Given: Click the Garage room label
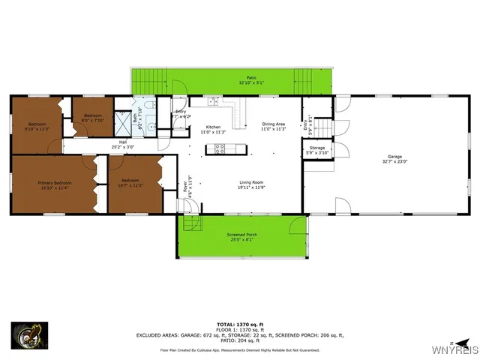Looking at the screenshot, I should click(394, 157).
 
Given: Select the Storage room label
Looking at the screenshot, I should click(317, 148).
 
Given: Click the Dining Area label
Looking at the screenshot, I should click(274, 124).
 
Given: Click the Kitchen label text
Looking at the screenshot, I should click(214, 127).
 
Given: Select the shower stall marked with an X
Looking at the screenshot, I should click(142, 106).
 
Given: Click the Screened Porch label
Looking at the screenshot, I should click(241, 235).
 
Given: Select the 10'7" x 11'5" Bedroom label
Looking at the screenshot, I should click(130, 181).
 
